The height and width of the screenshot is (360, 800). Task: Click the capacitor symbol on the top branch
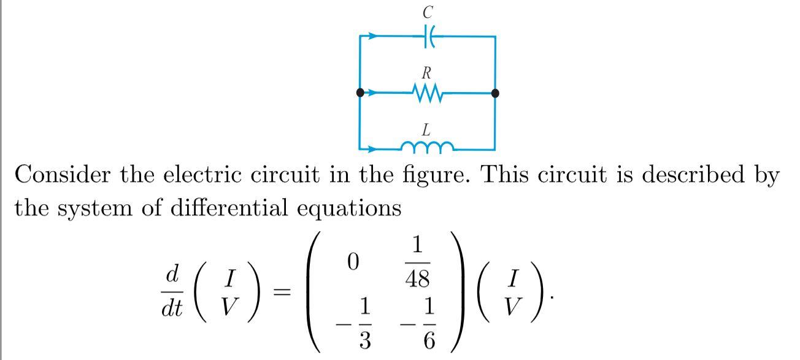coord(429,37)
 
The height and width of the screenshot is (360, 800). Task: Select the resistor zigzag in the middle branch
coord(428,93)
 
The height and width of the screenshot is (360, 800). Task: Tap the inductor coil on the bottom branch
coord(428,147)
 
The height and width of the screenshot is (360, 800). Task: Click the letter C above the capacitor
coord(428,12)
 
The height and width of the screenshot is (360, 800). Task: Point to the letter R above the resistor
coord(426,73)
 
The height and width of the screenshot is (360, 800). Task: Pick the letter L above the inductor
coord(426,129)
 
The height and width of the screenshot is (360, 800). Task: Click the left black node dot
coord(360,93)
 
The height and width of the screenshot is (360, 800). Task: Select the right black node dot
coord(496,93)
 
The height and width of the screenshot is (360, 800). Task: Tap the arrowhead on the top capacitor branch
coord(374,37)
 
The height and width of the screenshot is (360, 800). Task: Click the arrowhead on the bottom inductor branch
coord(374,148)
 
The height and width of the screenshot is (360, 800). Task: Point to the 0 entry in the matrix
coord(352,262)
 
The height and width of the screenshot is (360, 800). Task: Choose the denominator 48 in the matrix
coord(417,280)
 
